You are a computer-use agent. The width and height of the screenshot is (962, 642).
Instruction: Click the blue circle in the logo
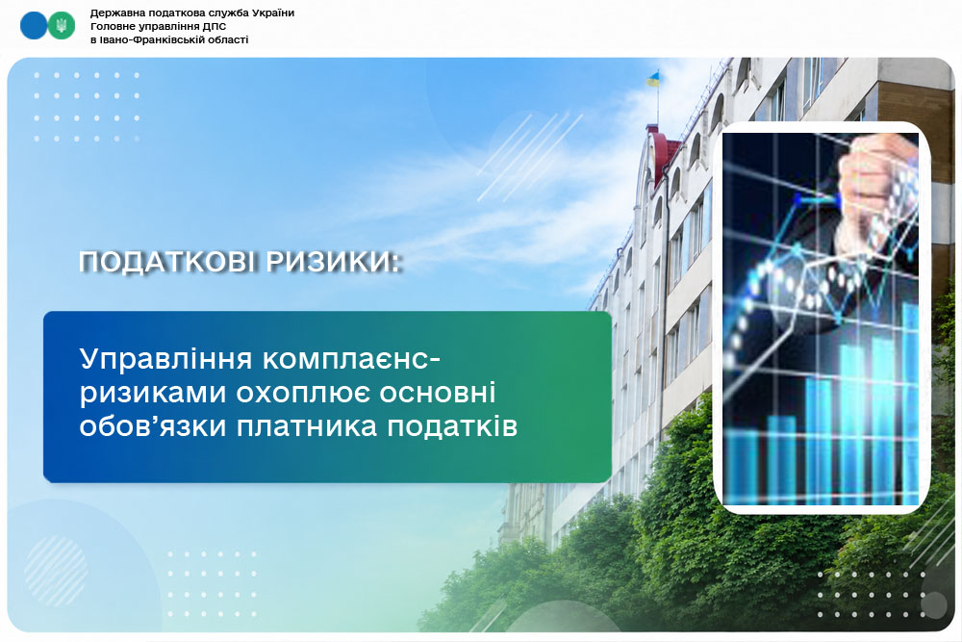coord(34,26)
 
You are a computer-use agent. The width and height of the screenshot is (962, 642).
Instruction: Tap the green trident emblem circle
coord(62,26)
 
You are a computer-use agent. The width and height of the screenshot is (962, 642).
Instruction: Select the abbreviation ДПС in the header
coord(215,26)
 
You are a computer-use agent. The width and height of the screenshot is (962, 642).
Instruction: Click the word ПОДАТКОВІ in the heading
coord(166,262)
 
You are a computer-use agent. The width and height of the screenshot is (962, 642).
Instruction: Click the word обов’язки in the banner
coord(153,426)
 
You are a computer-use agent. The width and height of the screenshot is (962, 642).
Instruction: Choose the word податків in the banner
coord(452,426)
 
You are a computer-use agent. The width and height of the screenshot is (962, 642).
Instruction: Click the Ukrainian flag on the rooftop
coord(652,79)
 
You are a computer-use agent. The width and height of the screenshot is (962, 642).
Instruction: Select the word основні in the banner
coord(438,394)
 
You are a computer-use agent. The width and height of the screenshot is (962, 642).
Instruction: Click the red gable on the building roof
coord(664,153)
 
